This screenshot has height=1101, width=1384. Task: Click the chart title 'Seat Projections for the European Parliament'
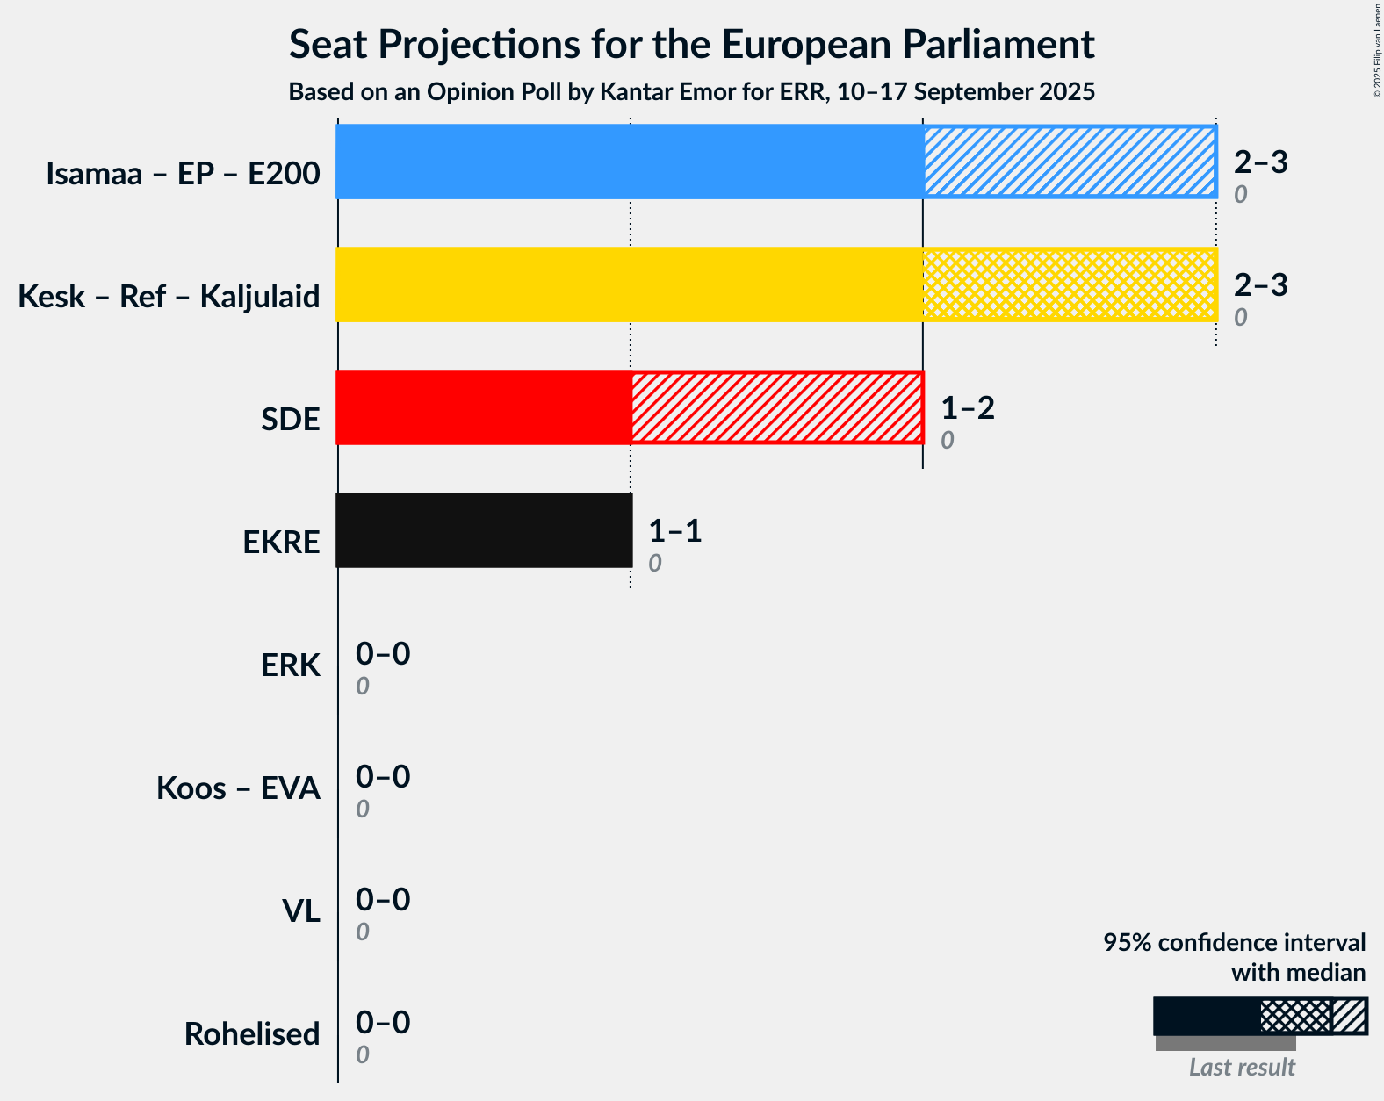point(691,44)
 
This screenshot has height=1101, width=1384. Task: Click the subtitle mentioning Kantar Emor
point(691,92)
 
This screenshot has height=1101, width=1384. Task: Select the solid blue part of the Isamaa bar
point(629,162)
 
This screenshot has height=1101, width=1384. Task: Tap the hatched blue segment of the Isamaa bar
point(1069,162)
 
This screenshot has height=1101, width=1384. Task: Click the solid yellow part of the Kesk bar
point(629,284)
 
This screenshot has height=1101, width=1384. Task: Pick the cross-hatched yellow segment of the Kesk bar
point(1069,284)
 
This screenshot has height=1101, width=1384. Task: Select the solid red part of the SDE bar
point(483,407)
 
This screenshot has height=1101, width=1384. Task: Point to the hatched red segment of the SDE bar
point(776,407)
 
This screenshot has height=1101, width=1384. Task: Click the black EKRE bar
point(484,530)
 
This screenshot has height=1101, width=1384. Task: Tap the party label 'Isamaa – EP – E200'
point(183,174)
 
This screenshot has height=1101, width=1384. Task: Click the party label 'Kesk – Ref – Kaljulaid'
point(169,297)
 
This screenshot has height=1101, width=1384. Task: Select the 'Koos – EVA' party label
point(238,788)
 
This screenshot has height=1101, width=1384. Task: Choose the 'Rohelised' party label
point(252,1034)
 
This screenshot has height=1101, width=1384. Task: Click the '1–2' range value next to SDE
point(968,408)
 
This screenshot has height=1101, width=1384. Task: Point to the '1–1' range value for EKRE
point(675,531)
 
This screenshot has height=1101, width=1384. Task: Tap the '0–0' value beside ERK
point(383,654)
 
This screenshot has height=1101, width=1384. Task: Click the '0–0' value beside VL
point(383,900)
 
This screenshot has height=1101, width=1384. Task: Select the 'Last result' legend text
point(1242,1068)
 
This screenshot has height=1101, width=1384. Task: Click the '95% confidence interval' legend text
point(1234,943)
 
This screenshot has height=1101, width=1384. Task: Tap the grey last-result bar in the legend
point(1225,1043)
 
